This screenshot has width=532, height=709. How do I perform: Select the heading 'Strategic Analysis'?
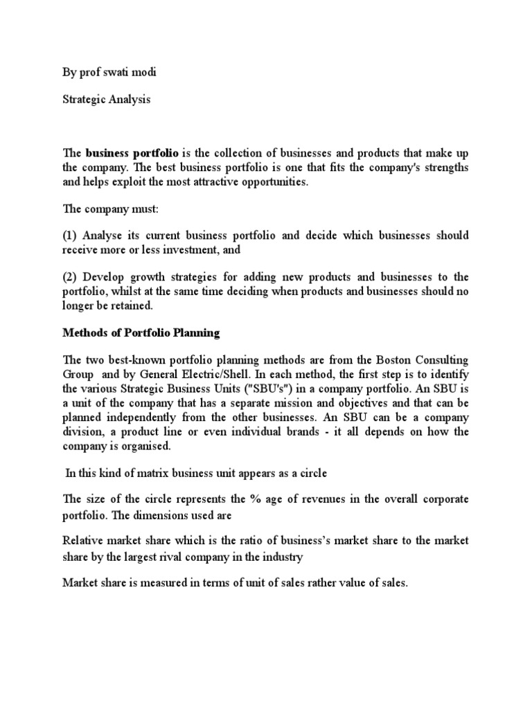(106, 99)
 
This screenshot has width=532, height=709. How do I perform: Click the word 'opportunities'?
(270, 183)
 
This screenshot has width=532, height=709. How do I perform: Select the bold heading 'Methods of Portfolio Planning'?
(141, 333)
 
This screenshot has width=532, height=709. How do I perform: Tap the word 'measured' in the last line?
(156, 584)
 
